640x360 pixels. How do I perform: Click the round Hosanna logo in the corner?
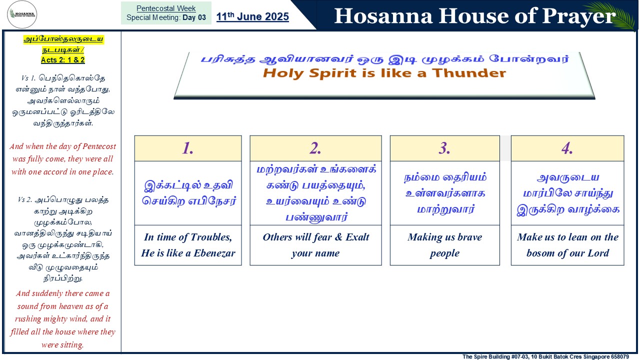[22, 14]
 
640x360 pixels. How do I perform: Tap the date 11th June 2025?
[252, 16]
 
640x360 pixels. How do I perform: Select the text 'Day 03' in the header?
[194, 17]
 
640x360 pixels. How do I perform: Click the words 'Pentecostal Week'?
[166, 8]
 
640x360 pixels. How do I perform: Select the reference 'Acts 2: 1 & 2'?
[63, 59]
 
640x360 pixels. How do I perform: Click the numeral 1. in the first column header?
[187, 148]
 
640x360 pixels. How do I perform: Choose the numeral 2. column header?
[315, 148]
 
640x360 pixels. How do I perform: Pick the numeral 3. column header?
[444, 148]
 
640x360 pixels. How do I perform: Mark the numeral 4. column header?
[567, 148]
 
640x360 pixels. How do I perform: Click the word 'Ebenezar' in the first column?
[214, 253]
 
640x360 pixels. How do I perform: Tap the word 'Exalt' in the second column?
[357, 237]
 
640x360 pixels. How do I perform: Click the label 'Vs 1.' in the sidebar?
[28, 77]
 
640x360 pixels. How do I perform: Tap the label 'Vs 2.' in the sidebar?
[25, 199]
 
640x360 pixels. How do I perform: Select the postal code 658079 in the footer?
[619, 356]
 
